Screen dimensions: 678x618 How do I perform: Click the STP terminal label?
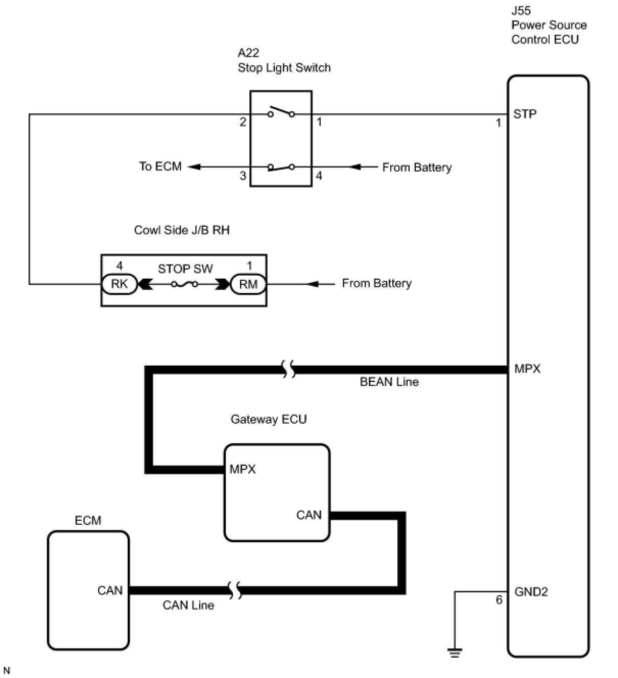click(525, 114)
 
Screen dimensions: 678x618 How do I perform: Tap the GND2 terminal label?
click(531, 592)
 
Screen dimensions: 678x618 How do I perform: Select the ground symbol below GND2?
click(455, 652)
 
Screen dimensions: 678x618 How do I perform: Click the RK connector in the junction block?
click(120, 284)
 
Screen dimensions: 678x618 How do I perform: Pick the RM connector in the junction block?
click(248, 284)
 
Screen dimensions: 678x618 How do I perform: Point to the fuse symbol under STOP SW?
click(185, 284)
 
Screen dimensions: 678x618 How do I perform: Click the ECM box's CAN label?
click(110, 590)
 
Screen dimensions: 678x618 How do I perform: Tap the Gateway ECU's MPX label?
click(243, 469)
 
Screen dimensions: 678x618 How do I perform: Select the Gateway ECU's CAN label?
click(308, 515)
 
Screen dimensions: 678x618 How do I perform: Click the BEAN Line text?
click(389, 382)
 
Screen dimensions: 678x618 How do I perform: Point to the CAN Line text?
click(188, 605)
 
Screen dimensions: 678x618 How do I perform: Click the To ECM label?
click(160, 166)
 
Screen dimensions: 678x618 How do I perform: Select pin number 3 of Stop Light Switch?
click(243, 176)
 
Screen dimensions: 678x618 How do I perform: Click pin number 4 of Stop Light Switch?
click(319, 176)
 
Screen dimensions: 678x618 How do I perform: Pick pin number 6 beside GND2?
click(499, 600)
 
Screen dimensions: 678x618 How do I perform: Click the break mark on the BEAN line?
click(289, 369)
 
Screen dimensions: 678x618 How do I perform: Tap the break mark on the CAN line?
click(235, 591)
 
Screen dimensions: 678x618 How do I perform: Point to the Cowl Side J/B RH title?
click(182, 230)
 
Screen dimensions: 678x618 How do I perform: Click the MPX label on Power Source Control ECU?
click(527, 369)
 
